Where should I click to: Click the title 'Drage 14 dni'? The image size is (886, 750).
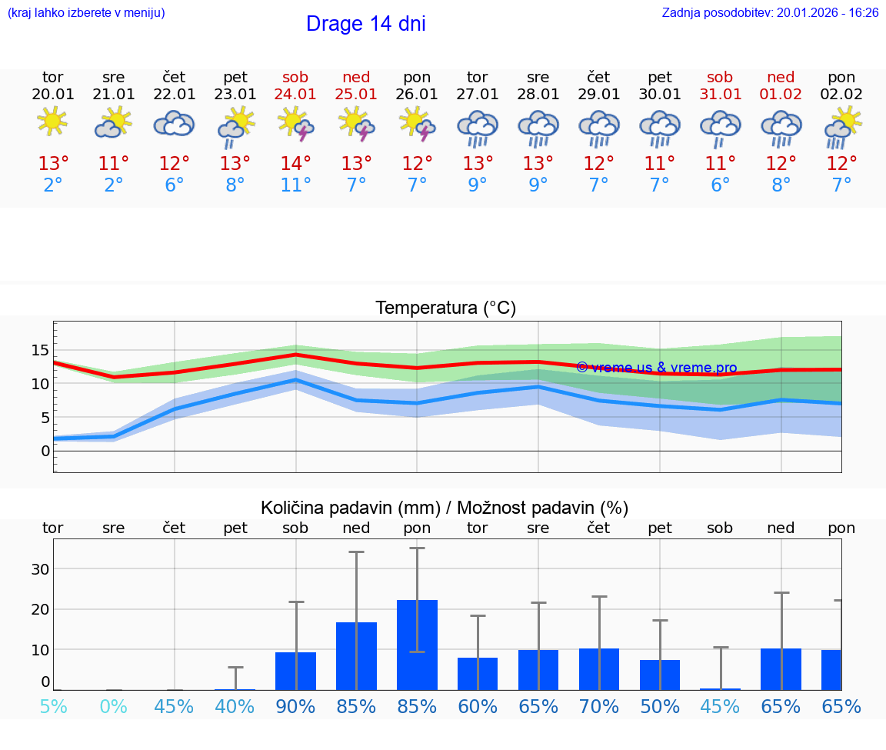point(365,24)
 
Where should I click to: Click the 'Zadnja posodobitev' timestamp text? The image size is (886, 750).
point(770,13)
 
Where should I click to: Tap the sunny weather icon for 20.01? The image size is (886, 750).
point(52,122)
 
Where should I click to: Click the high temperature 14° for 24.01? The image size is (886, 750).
point(296,163)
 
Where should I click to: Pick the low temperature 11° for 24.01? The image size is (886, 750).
point(296,185)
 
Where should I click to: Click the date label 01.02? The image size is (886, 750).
point(781,95)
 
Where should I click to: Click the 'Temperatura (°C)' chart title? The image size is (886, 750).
point(445,308)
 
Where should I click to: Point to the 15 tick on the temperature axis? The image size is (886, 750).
point(40,350)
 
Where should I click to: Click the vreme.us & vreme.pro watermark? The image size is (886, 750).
point(657,368)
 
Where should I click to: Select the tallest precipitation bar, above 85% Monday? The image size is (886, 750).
point(417,645)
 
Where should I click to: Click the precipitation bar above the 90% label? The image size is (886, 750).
point(296,671)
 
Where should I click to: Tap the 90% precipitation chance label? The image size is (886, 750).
point(296,707)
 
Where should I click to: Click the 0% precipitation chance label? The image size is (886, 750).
point(113,707)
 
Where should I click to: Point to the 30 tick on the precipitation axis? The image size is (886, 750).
point(40,569)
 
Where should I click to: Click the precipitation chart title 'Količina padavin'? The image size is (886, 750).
point(445,508)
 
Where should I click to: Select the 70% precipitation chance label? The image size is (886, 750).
point(599,707)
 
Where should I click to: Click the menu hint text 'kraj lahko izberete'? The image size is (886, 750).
point(86,13)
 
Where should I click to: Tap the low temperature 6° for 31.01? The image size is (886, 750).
point(721,185)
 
